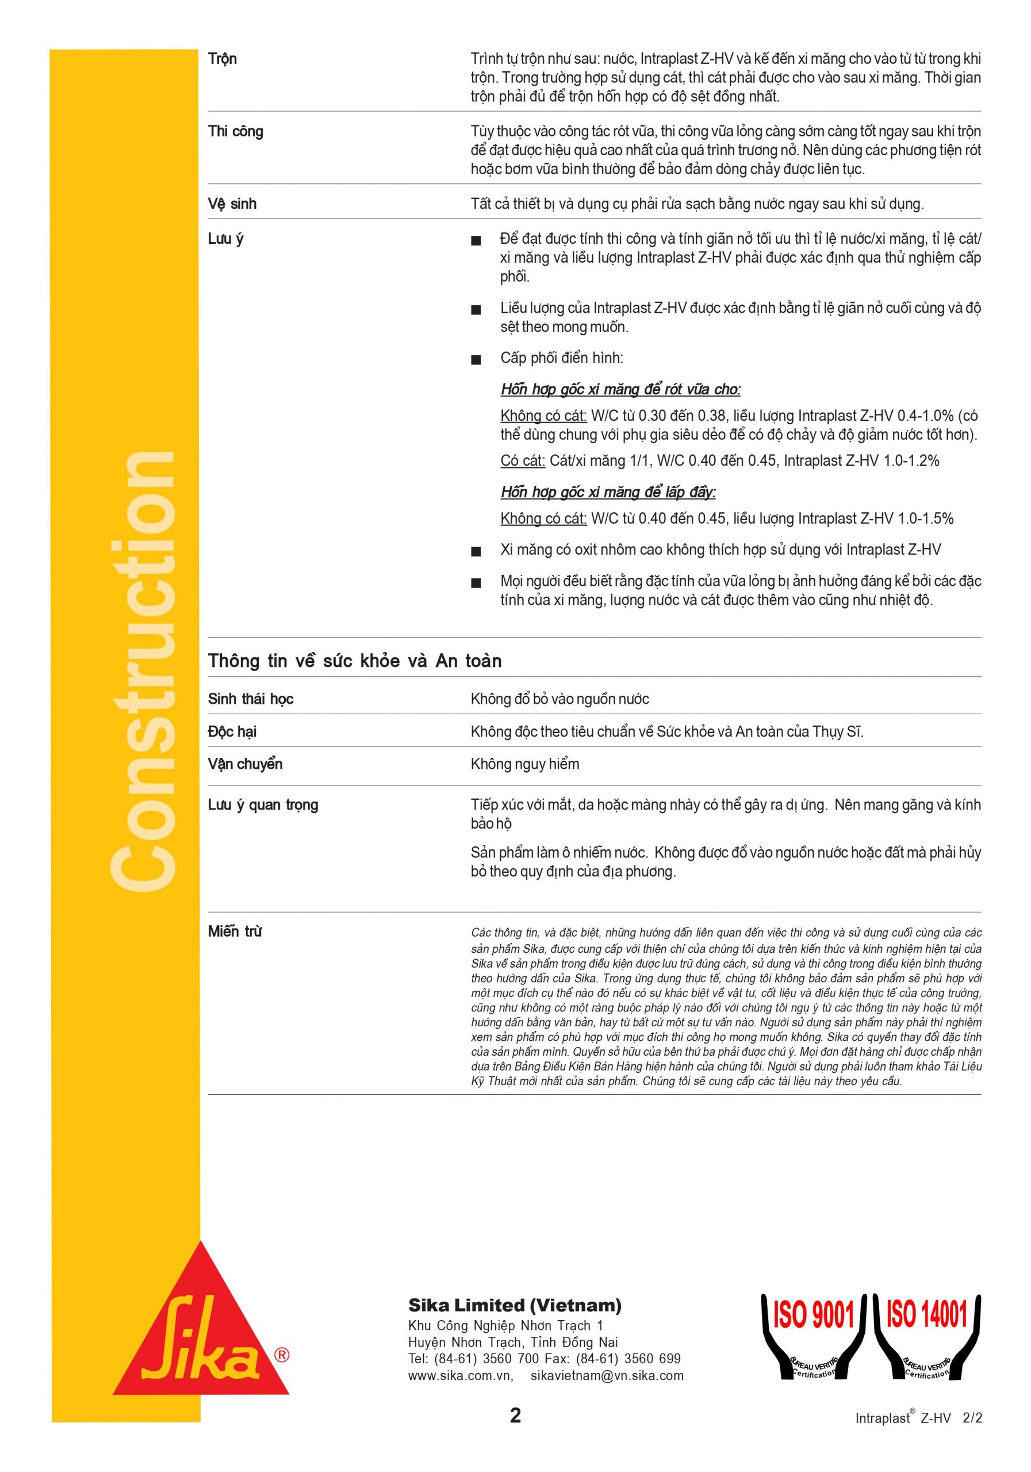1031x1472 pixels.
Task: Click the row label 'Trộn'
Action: (x=222, y=60)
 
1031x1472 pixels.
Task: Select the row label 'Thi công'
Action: (x=235, y=132)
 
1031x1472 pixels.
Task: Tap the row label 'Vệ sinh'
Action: (x=232, y=205)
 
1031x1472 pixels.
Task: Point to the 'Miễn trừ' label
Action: (x=235, y=931)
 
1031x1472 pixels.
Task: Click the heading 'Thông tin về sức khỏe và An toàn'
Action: (x=355, y=661)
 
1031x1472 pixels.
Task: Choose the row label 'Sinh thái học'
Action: (x=250, y=699)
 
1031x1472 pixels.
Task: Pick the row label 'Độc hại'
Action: (x=232, y=731)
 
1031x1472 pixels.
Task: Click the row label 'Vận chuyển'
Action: (x=245, y=764)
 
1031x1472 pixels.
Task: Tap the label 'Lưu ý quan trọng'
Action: (x=263, y=805)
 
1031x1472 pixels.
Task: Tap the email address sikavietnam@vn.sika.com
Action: (x=607, y=1375)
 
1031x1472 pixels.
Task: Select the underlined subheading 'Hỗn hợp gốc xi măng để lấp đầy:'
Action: (x=608, y=492)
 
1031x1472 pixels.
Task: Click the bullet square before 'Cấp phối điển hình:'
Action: (x=476, y=360)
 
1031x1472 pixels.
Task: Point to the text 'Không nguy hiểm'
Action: (x=524, y=764)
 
